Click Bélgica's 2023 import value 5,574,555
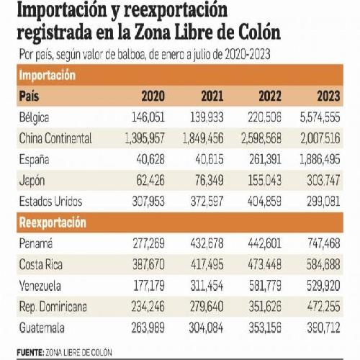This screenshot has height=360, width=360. pyautogui.click(x=320, y=117)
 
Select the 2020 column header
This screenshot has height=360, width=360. pyautogui.click(x=153, y=96)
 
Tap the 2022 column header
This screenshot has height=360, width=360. pyautogui.click(x=270, y=96)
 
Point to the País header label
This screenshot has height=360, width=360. pyautogui.click(x=29, y=96)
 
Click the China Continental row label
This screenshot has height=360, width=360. pyautogui.click(x=55, y=138)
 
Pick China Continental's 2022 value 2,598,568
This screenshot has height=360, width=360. pyautogui.click(x=261, y=138)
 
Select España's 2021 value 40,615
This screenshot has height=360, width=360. pyautogui.click(x=210, y=160)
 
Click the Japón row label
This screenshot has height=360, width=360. pyautogui.click(x=32, y=181)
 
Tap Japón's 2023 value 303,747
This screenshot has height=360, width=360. pyautogui.click(x=323, y=181)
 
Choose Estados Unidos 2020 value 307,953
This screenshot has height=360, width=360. pyautogui.click(x=148, y=202)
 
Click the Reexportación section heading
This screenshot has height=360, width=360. pyautogui.click(x=53, y=222)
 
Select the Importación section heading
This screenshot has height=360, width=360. pyautogui.click(x=48, y=75)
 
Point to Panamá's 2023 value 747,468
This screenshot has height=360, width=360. pyautogui.click(x=324, y=243)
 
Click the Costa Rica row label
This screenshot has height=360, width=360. pyautogui.click(x=41, y=264)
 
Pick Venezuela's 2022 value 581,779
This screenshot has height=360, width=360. pyautogui.click(x=265, y=286)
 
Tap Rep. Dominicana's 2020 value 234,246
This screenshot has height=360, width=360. pyautogui.click(x=148, y=307)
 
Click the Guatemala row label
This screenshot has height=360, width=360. pyautogui.click(x=42, y=328)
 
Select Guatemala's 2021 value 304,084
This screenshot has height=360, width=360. pyautogui.click(x=206, y=328)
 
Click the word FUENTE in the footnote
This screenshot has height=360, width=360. pyautogui.click(x=30, y=353)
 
